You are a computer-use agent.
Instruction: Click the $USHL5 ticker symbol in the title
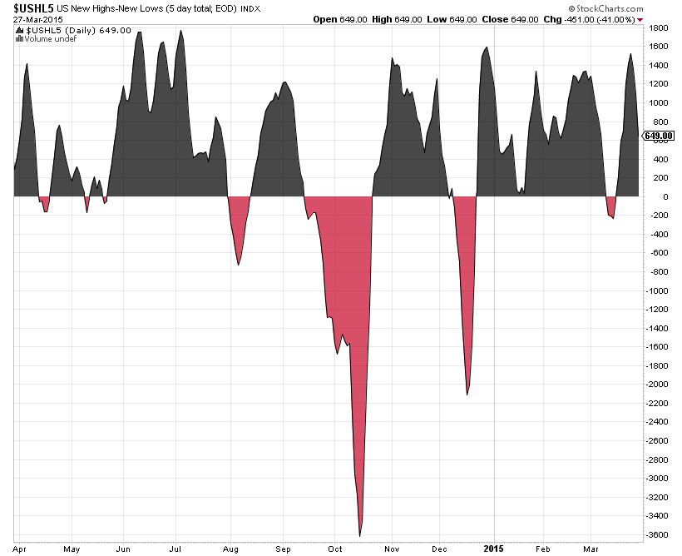(x=27, y=7)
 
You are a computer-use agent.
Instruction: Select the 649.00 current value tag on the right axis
(x=658, y=136)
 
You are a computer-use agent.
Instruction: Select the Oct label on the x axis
(x=335, y=549)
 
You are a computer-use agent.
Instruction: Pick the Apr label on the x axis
(x=19, y=549)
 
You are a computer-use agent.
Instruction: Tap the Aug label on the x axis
(x=230, y=549)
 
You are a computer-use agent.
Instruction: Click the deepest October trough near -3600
(x=360, y=534)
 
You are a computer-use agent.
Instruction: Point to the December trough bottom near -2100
(x=467, y=393)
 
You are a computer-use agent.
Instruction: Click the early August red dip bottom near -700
(x=239, y=264)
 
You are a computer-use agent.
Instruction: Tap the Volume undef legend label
(x=48, y=38)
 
